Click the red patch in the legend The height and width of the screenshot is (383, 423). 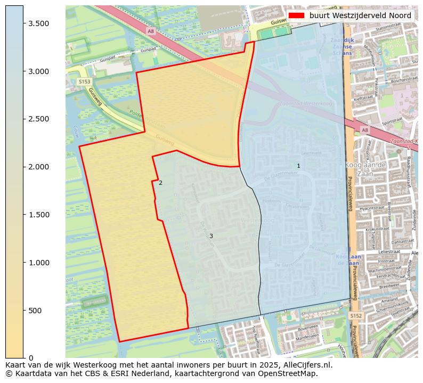coord(297,15)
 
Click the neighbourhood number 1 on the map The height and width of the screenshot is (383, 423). coord(298,166)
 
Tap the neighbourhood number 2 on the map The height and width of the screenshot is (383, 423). coord(160,183)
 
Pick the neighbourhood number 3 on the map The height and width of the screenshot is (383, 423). coord(211,236)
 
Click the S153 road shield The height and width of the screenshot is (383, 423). coord(84,82)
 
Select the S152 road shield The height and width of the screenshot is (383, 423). coord(356,316)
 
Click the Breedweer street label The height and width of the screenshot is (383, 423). coord(389,286)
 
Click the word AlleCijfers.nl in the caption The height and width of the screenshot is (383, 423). coord(306,365)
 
